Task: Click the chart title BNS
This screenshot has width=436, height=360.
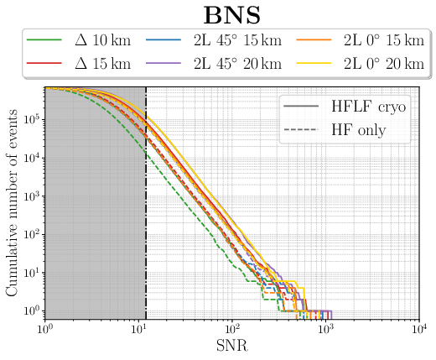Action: (231, 14)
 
